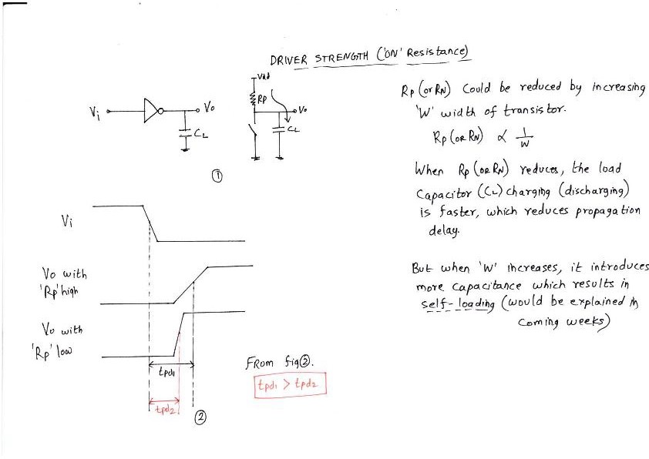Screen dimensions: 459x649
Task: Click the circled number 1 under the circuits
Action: point(217,176)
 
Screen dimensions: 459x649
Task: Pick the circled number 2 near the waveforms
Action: point(200,418)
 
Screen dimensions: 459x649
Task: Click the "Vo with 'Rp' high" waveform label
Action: point(64,282)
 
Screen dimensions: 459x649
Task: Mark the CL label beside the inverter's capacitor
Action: point(200,134)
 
